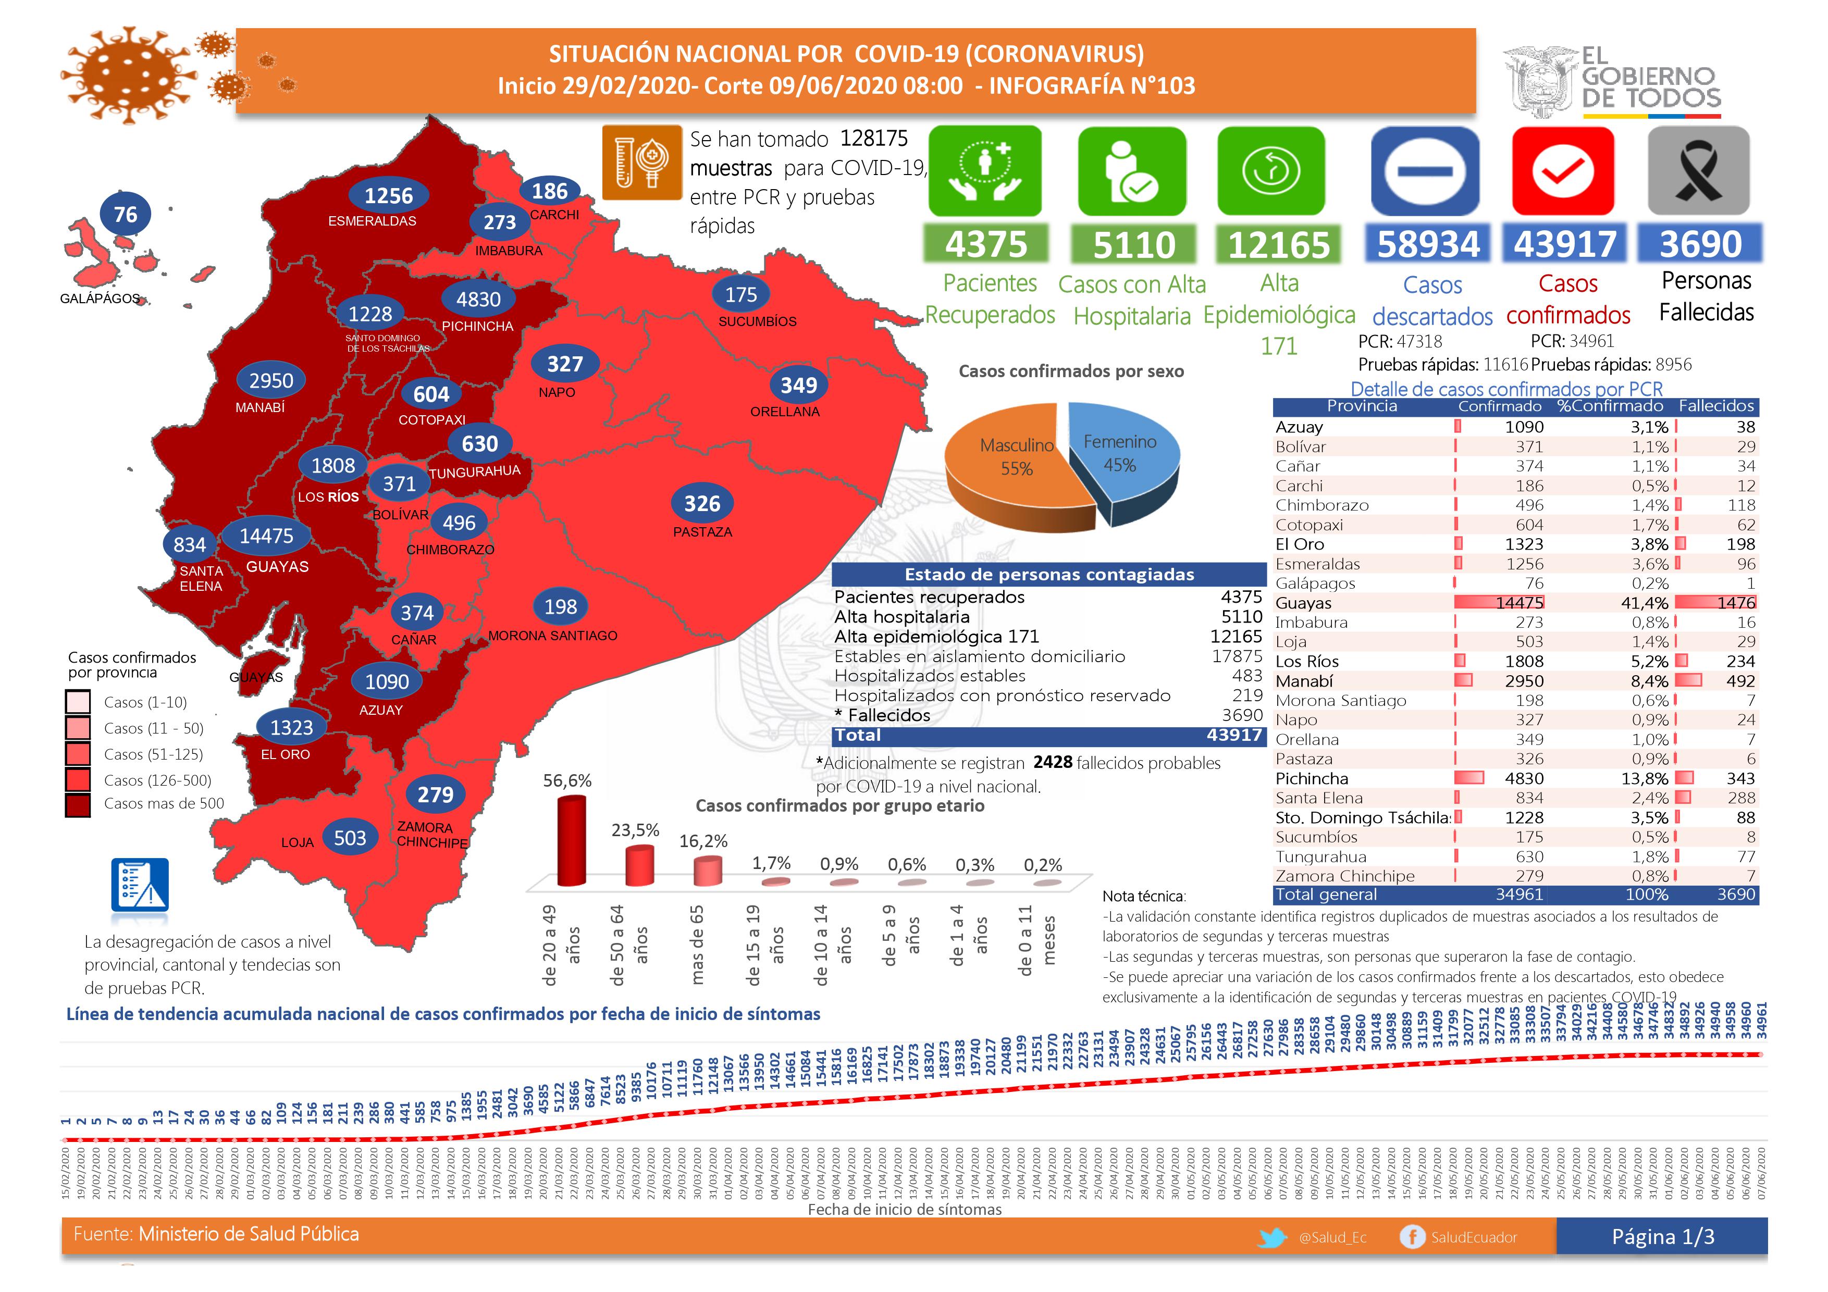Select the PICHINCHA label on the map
click(478, 326)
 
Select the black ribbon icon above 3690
click(1698, 170)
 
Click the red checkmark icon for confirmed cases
click(1563, 170)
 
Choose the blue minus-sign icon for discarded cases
click(1425, 170)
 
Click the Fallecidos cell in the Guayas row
click(1736, 603)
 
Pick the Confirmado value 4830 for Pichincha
click(1524, 778)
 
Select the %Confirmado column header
click(1610, 406)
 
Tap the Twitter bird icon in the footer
click(1273, 1238)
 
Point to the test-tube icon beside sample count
click(641, 163)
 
